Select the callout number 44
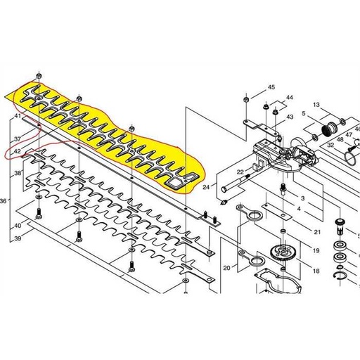click(290, 98)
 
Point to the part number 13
click(316, 105)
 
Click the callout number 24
click(206, 188)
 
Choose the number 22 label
click(240, 172)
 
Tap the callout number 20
click(226, 268)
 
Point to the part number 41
click(18, 116)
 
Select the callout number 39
click(18, 239)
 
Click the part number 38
click(18, 172)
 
